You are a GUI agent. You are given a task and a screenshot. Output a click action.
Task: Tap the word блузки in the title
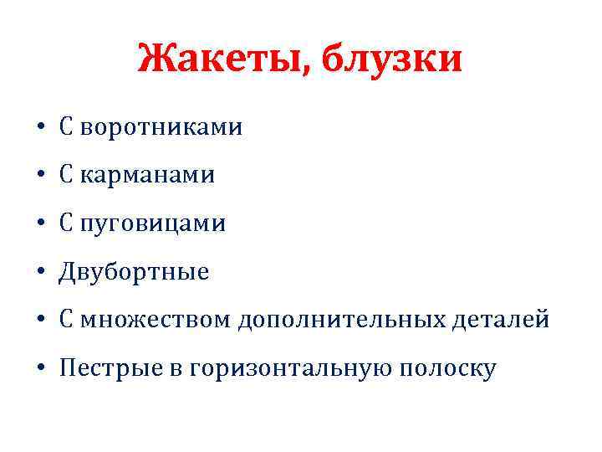click(x=391, y=59)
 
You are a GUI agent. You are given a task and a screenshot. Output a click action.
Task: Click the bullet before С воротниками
click(x=39, y=129)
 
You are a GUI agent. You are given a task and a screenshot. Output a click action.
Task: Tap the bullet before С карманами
click(x=39, y=177)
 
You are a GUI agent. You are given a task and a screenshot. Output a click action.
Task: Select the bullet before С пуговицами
click(x=39, y=224)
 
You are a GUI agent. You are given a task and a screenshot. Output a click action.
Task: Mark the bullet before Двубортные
click(x=39, y=273)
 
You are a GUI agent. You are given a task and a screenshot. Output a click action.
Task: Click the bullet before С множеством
click(x=39, y=321)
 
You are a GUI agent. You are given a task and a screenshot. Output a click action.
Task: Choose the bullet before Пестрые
click(x=39, y=368)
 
